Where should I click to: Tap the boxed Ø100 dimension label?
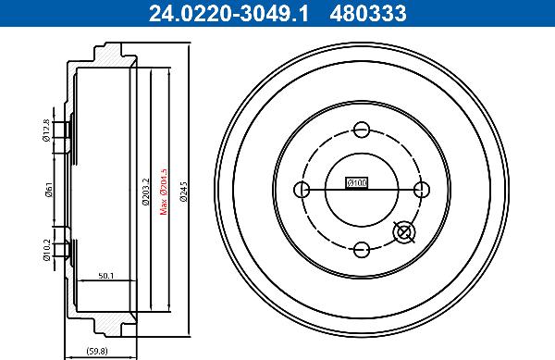(356, 183)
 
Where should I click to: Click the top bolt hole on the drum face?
(362, 130)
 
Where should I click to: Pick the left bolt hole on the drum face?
(301, 190)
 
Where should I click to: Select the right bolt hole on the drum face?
(423, 190)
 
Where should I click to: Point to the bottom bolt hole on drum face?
(362, 248)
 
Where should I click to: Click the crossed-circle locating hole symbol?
(404, 232)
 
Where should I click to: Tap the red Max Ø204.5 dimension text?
(164, 190)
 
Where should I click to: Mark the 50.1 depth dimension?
(105, 275)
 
